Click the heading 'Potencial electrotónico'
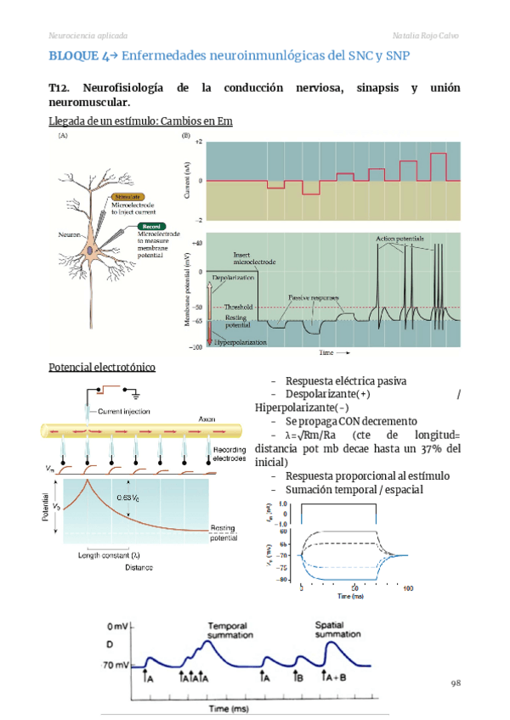[102, 367]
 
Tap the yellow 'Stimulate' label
[130, 196]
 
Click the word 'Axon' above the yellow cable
[207, 419]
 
